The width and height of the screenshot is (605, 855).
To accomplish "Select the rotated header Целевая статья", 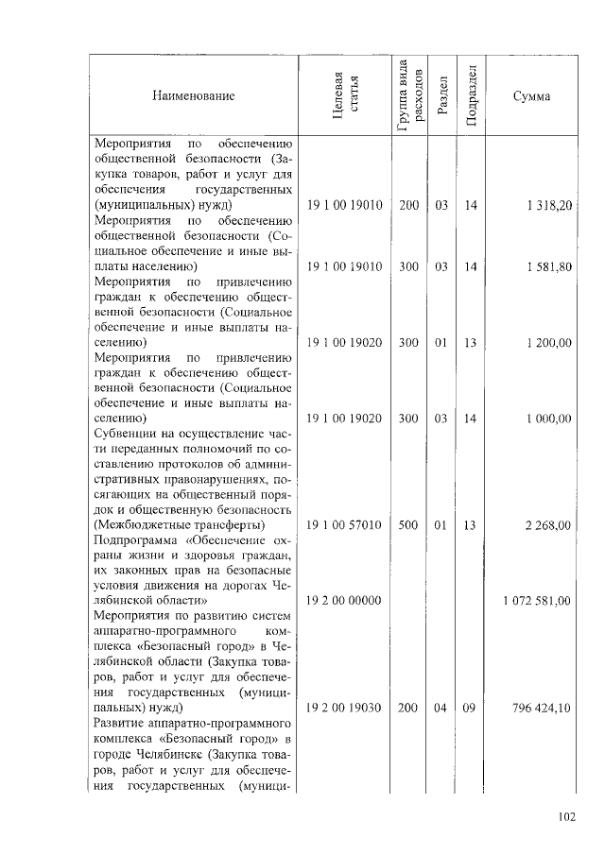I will click(x=347, y=95).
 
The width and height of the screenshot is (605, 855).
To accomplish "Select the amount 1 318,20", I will click(x=549, y=205).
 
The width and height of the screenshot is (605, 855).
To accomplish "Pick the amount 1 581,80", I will click(x=549, y=267).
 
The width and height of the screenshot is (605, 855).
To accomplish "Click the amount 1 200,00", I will click(x=549, y=342).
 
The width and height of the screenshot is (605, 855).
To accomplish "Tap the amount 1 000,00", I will click(x=549, y=418).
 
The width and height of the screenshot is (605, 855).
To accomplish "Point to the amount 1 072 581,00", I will click(x=536, y=600).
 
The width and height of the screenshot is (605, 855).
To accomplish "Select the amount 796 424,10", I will click(x=541, y=707).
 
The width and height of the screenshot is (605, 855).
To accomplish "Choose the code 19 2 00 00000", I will click(x=344, y=600).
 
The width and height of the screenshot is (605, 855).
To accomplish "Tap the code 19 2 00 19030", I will click(x=344, y=707).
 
